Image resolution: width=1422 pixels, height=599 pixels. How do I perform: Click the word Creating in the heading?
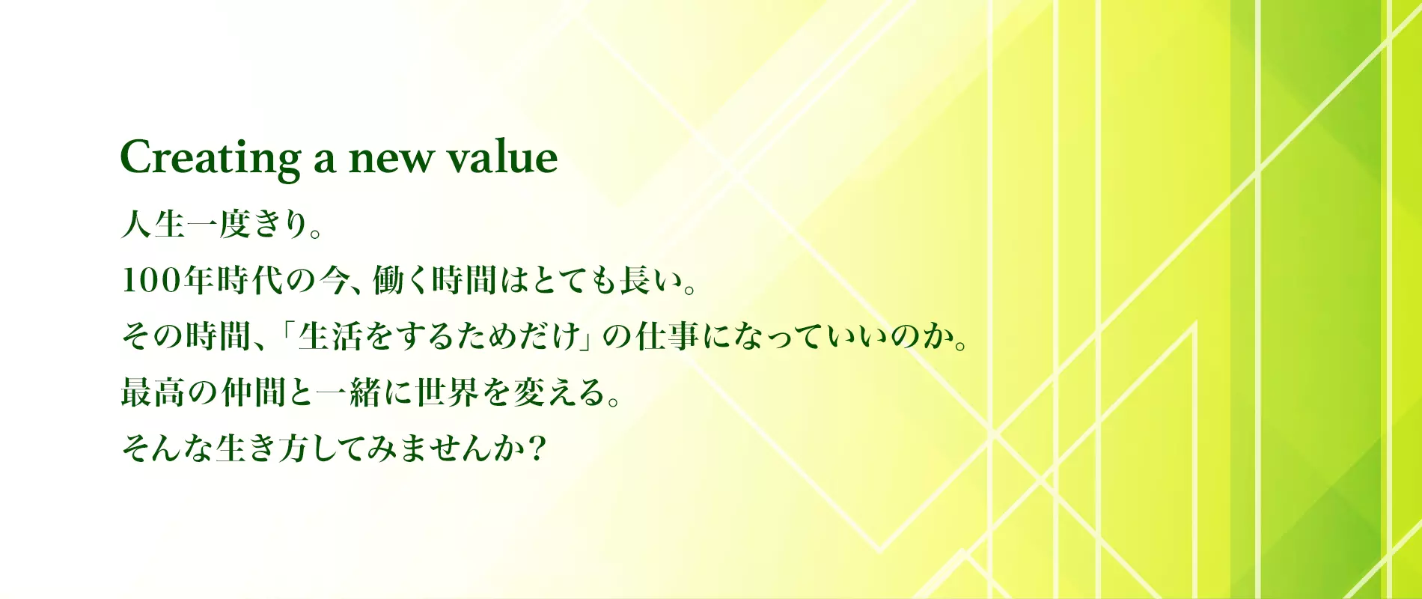[x=210, y=159]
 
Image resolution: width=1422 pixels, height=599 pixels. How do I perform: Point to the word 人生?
[x=153, y=224]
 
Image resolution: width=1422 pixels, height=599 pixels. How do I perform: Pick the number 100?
[x=152, y=281]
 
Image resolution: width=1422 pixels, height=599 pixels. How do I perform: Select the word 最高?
[x=153, y=392]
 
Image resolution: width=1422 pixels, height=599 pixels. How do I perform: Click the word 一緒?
[x=349, y=392]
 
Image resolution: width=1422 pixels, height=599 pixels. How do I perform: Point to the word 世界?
[x=448, y=392]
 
